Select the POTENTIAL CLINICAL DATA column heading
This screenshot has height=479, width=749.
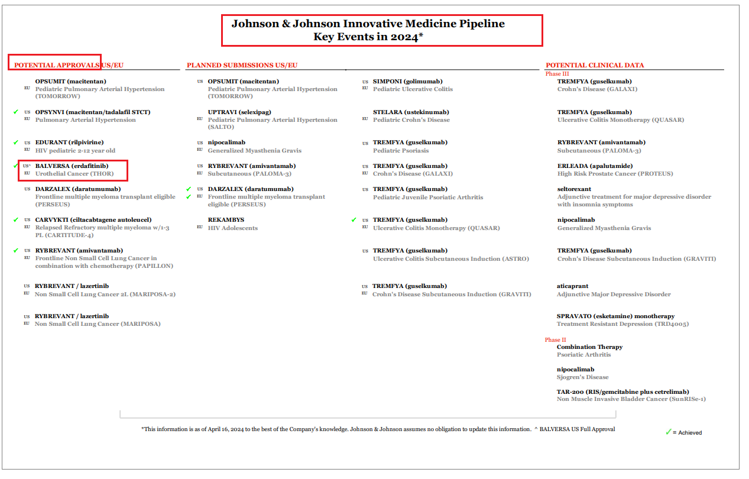click(x=595, y=65)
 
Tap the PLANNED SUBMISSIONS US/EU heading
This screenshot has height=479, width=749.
click(x=242, y=65)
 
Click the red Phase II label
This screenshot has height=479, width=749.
click(x=555, y=340)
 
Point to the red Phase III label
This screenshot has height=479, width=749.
click(x=557, y=74)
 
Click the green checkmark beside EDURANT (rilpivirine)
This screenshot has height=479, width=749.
click(x=16, y=143)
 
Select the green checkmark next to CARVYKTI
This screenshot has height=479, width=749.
click(x=16, y=220)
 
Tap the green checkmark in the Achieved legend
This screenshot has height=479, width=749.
click(x=669, y=432)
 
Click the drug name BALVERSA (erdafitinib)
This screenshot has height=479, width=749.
click(x=72, y=166)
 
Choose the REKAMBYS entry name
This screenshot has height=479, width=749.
click(x=226, y=220)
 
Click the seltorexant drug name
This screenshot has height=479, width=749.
click(x=574, y=189)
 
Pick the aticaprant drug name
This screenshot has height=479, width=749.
click(x=572, y=286)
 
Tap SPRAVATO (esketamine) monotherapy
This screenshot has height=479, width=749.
click(x=615, y=316)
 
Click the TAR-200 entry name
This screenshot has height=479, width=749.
click(x=622, y=391)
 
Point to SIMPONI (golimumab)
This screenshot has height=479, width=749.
click(x=407, y=82)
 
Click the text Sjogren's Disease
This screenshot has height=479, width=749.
click(x=582, y=377)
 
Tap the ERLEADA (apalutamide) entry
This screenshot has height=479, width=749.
click(x=595, y=166)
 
